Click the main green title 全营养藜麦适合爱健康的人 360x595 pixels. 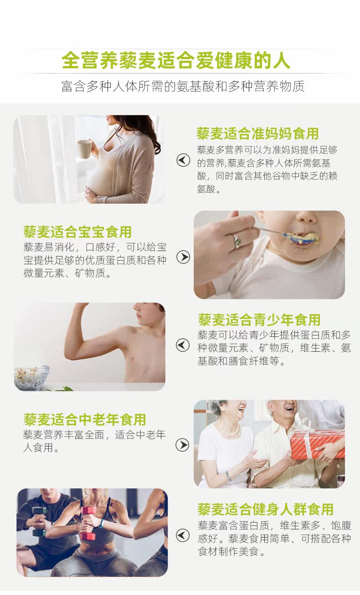point(176,60)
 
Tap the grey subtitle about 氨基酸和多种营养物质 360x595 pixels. point(183,86)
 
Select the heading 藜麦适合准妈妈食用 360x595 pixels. point(257,133)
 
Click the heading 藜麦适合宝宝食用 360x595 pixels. point(77,232)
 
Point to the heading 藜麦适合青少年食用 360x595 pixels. point(259,320)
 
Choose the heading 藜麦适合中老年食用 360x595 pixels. point(85,420)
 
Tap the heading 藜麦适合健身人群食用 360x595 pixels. point(265,509)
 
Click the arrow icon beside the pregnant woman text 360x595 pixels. point(183,160)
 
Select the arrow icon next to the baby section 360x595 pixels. point(183,257)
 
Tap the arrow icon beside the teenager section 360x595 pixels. point(183,345)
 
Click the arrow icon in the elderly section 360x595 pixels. point(183,445)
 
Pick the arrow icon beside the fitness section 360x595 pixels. point(183,535)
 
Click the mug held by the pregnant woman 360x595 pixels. point(84,150)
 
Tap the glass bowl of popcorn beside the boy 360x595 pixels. point(31,378)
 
